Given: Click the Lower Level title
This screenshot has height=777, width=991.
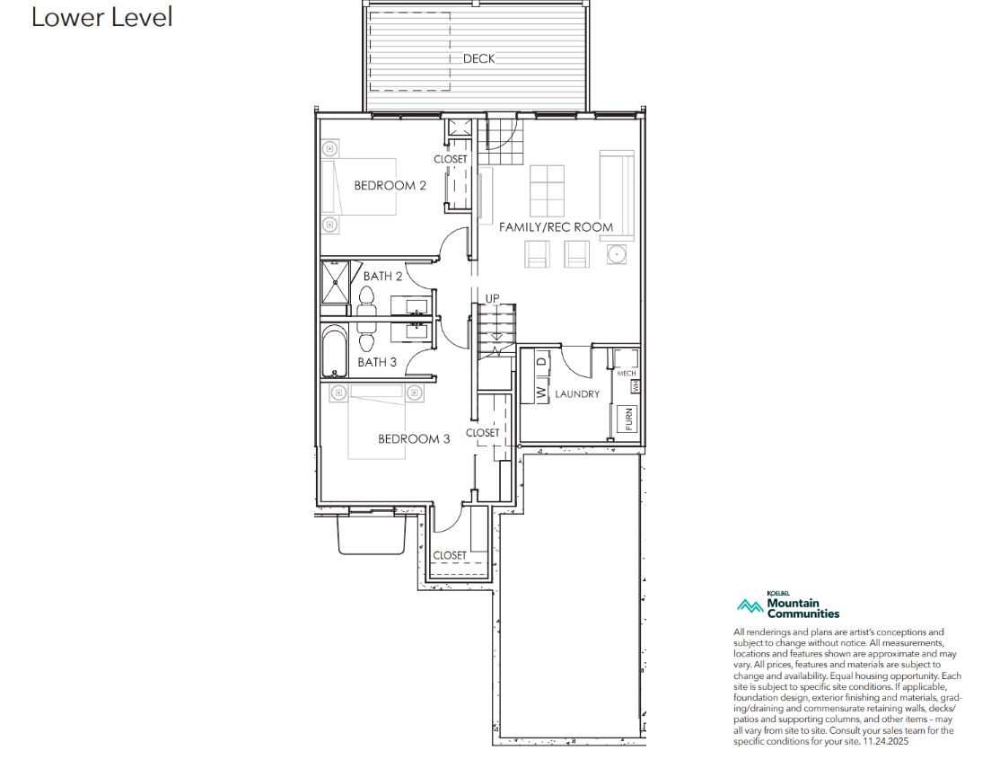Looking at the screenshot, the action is pyautogui.click(x=101, y=17).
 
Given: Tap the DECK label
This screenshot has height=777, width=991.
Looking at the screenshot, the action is pyautogui.click(x=479, y=58).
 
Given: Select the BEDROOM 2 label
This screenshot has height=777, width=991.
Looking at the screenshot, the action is pyautogui.click(x=390, y=185).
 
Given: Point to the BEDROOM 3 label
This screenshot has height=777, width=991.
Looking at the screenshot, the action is pyautogui.click(x=414, y=438).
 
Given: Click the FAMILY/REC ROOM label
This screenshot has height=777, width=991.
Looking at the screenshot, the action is pyautogui.click(x=557, y=227).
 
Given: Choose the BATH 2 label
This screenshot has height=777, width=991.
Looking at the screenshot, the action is pyautogui.click(x=383, y=277).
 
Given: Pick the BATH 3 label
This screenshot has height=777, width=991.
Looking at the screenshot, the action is pyautogui.click(x=377, y=362).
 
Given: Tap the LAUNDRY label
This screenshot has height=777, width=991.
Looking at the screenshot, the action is pyautogui.click(x=577, y=393).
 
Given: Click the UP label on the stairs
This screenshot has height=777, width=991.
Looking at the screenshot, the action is pyautogui.click(x=492, y=298).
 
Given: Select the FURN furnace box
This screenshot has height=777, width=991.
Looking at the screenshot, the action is pyautogui.click(x=627, y=419).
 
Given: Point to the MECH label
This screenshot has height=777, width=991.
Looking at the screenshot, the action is pyautogui.click(x=627, y=374).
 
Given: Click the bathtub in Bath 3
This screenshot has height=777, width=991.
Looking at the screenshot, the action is pyautogui.click(x=334, y=351).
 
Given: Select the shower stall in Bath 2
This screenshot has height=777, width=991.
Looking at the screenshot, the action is pyautogui.click(x=334, y=282).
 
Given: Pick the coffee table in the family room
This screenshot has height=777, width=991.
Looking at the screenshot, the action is pyautogui.click(x=547, y=191).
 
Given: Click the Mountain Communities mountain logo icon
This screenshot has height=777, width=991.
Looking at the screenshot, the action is pyautogui.click(x=750, y=607).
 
